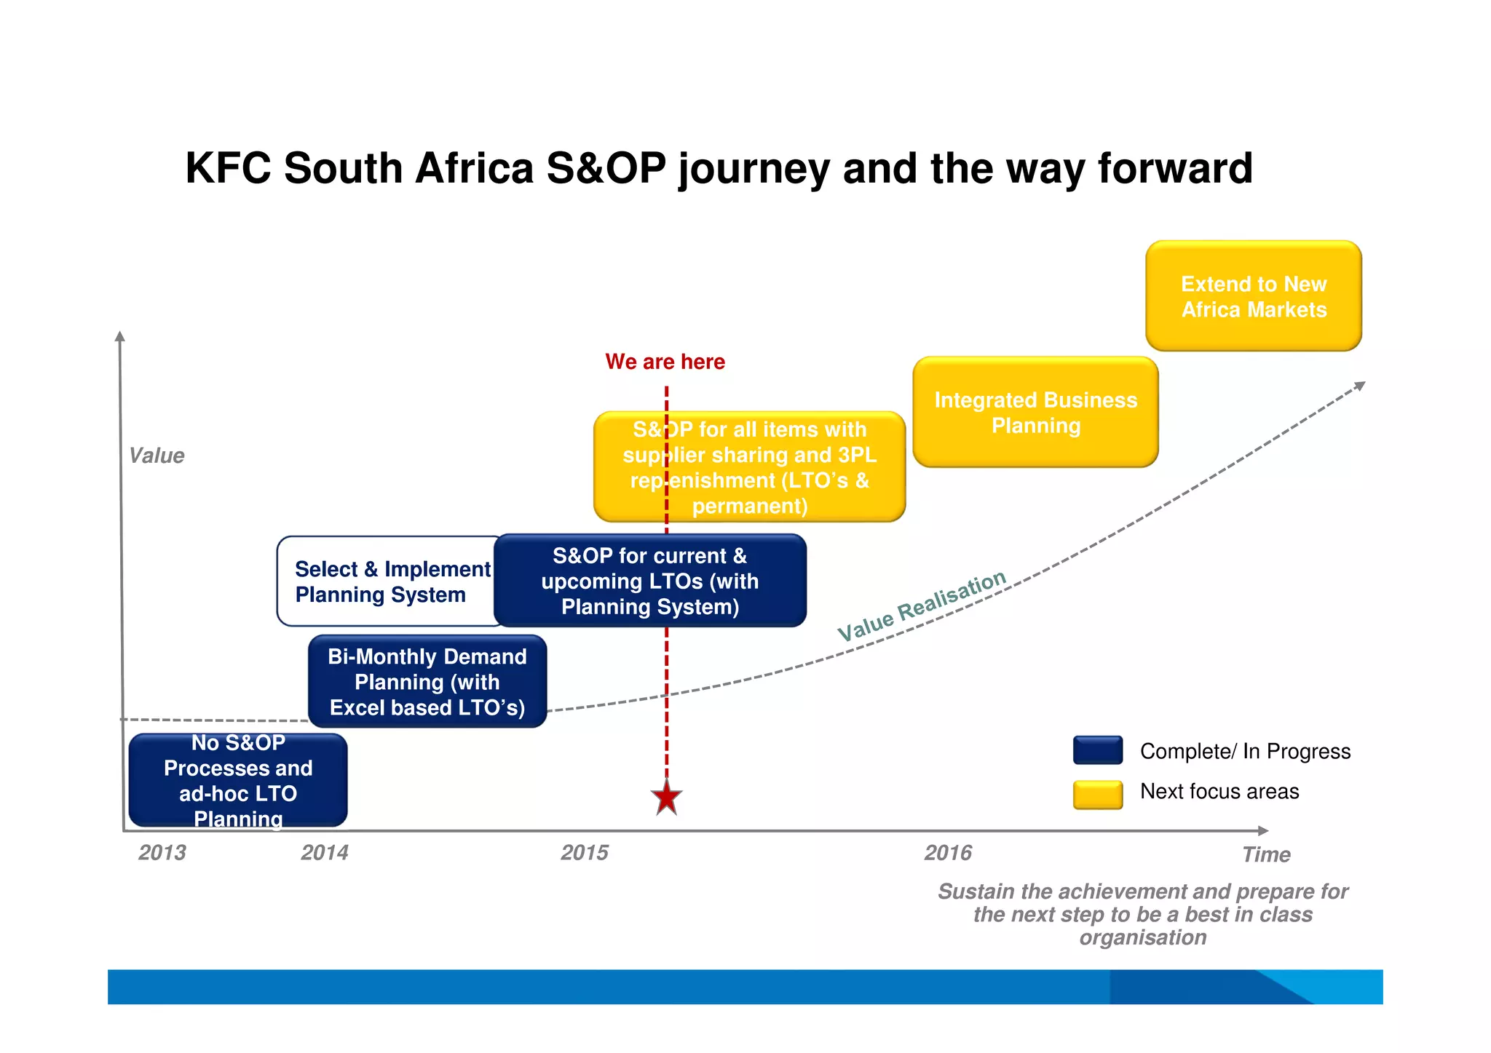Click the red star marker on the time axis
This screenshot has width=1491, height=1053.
click(x=666, y=798)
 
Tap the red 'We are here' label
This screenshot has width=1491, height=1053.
click(x=665, y=362)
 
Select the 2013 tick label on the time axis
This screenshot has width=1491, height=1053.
click(x=162, y=852)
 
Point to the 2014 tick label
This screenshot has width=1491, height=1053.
click(x=324, y=852)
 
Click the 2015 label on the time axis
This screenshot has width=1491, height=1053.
click(x=584, y=852)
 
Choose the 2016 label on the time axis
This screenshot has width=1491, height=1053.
click(x=948, y=852)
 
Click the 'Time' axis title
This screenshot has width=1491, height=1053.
click(x=1265, y=854)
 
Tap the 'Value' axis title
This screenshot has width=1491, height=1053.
click(x=156, y=456)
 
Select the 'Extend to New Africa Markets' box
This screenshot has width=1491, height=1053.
click(x=1253, y=296)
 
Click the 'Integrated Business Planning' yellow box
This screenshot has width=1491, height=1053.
click(x=1035, y=412)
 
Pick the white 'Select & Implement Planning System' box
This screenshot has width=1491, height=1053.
click(x=386, y=581)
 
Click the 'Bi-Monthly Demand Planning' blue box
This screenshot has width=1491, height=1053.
click(x=427, y=682)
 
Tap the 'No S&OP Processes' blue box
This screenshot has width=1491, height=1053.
click(x=237, y=780)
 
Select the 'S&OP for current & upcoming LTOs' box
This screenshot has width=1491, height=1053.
click(x=649, y=581)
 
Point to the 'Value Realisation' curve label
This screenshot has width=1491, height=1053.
click(x=922, y=605)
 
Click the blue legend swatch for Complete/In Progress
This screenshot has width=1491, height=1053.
click(x=1097, y=750)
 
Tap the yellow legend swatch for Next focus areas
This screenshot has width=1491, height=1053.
click(x=1097, y=795)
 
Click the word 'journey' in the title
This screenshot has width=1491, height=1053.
click(x=754, y=169)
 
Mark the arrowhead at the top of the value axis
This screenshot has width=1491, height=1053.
click(x=120, y=336)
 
